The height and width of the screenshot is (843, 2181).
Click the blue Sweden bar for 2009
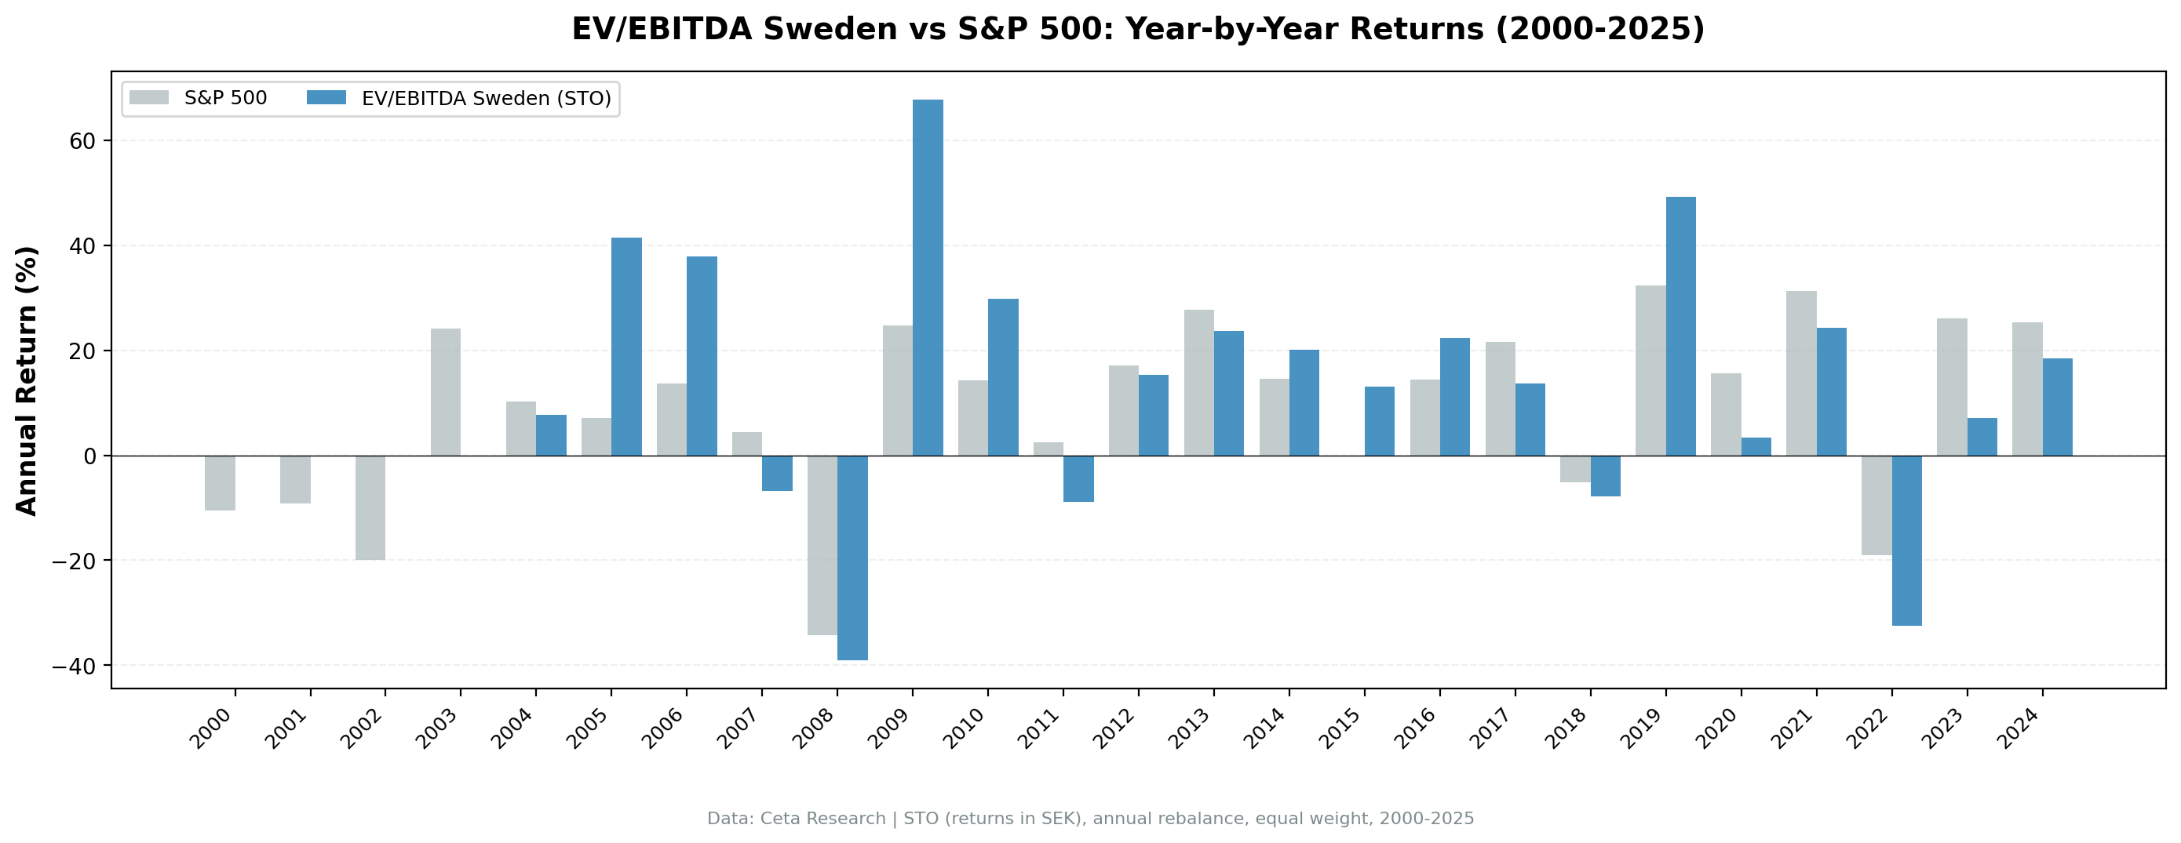point(928,278)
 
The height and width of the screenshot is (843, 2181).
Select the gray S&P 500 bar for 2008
point(822,545)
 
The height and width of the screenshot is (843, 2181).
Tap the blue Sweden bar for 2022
point(1906,540)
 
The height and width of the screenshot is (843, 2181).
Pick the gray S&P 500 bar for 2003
point(445,392)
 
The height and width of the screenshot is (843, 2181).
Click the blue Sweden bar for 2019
point(1680,326)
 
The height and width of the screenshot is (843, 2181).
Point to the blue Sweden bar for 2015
point(1379,420)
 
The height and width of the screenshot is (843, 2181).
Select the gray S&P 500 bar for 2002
point(370,508)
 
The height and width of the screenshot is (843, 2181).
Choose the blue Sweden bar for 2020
point(1756,446)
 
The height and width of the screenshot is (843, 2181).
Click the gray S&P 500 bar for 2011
point(1049,449)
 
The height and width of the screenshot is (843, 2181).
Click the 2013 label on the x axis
point(1190,729)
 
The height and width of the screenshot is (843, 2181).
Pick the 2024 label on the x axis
point(2019,729)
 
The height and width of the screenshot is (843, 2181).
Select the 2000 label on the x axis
point(211,729)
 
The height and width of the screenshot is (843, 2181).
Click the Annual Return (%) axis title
point(27,380)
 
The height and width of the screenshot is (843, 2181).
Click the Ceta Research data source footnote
point(1091,819)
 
